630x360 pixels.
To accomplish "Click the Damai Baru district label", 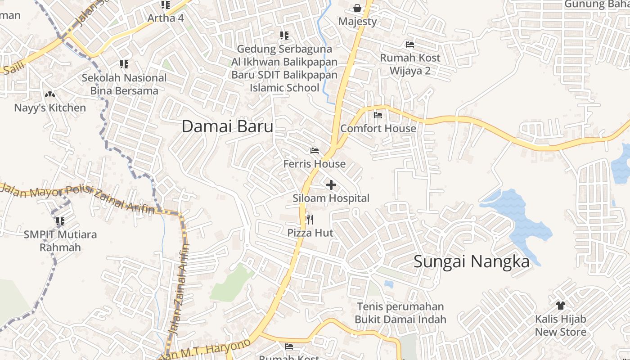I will click(227, 126).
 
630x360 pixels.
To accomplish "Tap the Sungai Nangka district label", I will click(471, 261).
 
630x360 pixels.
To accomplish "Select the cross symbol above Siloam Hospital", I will click(331, 185).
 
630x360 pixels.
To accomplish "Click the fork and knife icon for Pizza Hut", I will click(310, 220).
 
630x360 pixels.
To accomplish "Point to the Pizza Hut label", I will click(310, 233).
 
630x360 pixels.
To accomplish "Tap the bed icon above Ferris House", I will click(315, 151).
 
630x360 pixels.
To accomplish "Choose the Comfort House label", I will click(378, 128).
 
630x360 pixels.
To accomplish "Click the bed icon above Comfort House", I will click(378, 115).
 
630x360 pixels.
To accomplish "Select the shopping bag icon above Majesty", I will click(357, 8).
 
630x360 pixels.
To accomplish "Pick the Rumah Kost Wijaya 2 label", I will click(410, 64).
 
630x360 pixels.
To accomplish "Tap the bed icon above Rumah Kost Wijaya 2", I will click(410, 45).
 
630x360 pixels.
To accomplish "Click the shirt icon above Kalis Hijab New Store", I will click(560, 306).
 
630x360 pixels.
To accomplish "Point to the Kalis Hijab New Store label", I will click(560, 325).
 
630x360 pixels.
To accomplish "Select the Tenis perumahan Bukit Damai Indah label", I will click(400, 313).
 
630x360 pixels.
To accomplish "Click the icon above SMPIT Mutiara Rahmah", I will click(60, 221).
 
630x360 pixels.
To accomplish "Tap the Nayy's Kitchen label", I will click(50, 108).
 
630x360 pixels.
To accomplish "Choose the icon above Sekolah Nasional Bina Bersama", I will click(124, 65).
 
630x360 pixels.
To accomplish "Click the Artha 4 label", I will click(166, 18).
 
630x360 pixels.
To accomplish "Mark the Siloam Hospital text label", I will click(331, 198).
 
